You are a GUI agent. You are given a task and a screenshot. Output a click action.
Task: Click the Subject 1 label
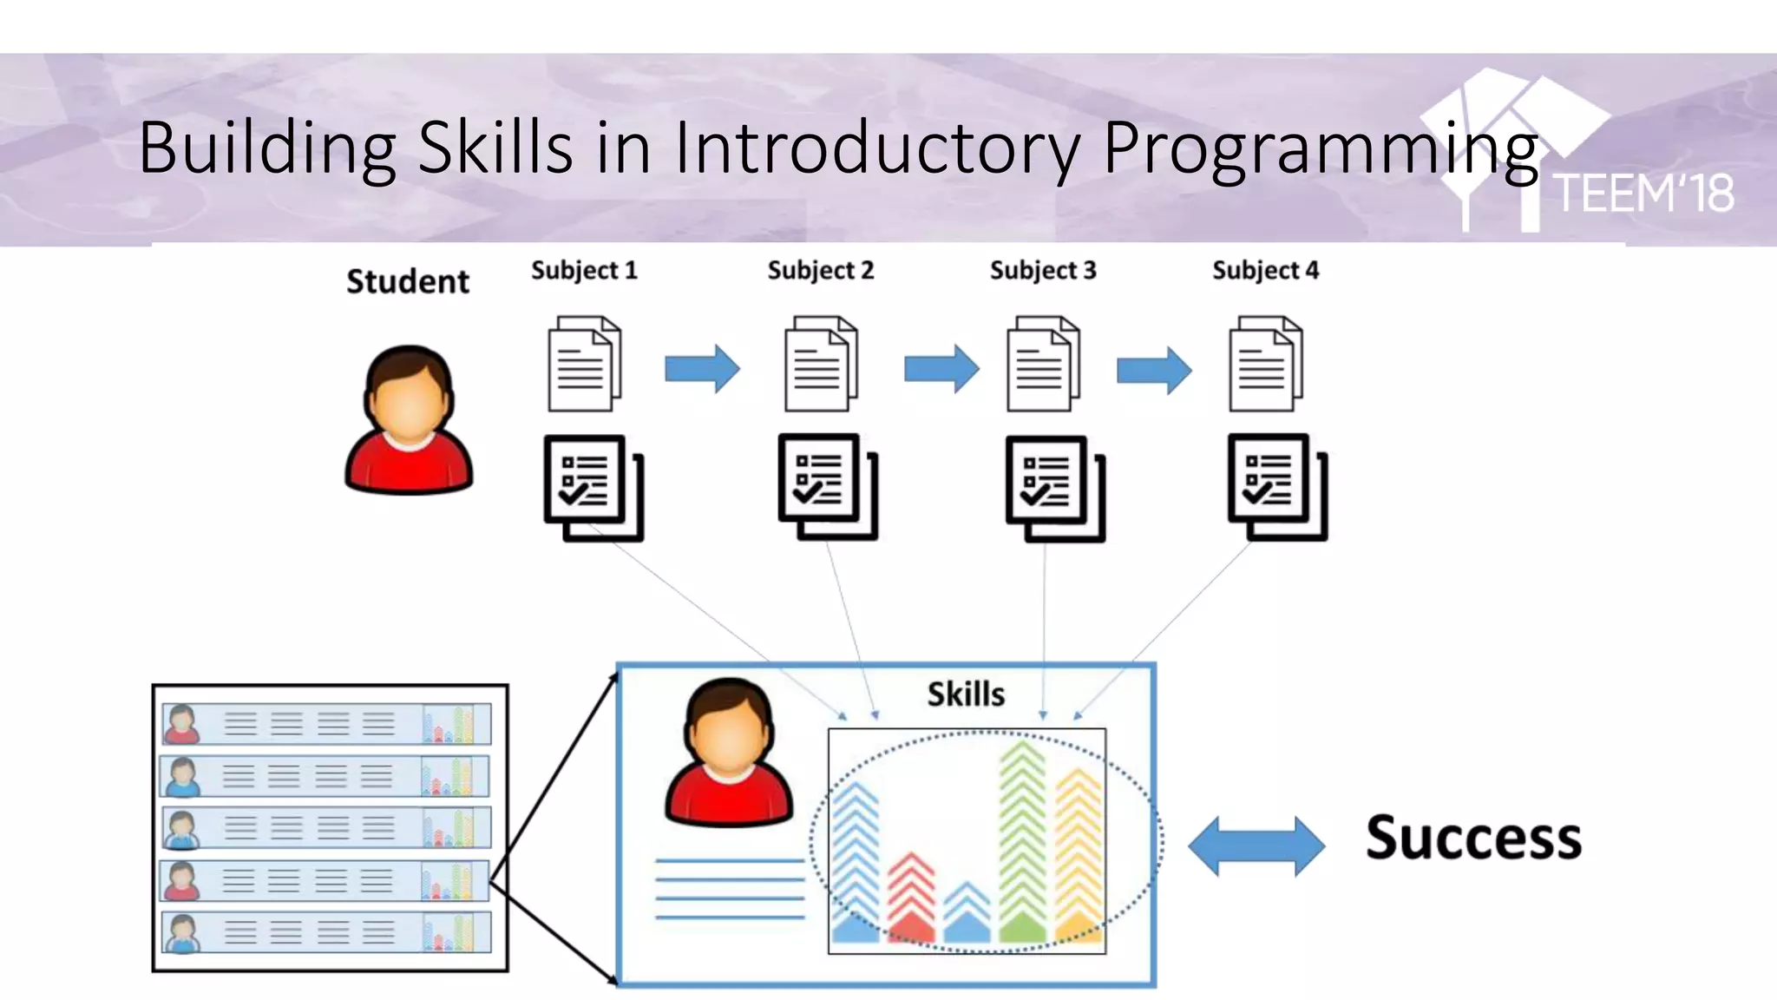click(584, 271)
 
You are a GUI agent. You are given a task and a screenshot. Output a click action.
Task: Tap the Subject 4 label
click(1265, 271)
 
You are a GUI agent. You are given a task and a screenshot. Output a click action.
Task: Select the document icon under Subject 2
click(820, 364)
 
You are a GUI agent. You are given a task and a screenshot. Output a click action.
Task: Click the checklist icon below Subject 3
click(1053, 488)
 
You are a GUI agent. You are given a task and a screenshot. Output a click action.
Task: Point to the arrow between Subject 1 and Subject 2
click(702, 369)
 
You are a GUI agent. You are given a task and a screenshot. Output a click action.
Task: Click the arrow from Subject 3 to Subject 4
click(1153, 370)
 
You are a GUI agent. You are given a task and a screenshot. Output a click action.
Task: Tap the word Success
click(1473, 839)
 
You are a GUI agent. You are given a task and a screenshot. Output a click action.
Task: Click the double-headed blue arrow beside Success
click(1256, 845)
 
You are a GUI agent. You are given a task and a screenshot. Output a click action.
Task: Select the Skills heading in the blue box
click(966, 694)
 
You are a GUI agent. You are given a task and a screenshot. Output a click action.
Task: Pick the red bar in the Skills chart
click(911, 898)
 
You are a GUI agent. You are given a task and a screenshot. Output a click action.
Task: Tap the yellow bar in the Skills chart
click(1079, 855)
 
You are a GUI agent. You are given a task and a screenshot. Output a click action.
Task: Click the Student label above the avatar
click(408, 282)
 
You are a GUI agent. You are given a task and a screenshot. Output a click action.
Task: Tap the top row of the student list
click(326, 724)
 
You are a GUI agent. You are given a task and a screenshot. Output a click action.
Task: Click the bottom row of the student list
click(326, 933)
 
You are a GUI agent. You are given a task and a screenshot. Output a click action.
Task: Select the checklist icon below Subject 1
click(593, 488)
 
